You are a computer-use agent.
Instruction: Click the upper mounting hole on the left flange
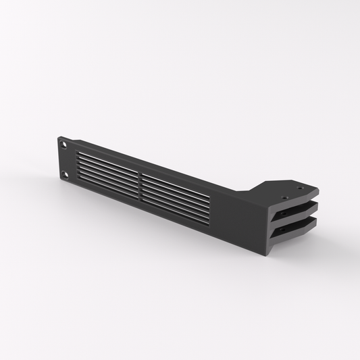point(64,145)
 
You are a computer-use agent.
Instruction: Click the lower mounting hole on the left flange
point(65,174)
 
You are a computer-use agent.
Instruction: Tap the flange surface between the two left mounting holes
point(64,159)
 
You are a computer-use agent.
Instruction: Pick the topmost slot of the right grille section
point(175,178)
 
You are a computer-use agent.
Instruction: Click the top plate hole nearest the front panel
point(283,197)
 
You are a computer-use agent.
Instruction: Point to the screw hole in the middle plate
point(297,207)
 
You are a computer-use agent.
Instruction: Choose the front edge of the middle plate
point(287,217)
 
